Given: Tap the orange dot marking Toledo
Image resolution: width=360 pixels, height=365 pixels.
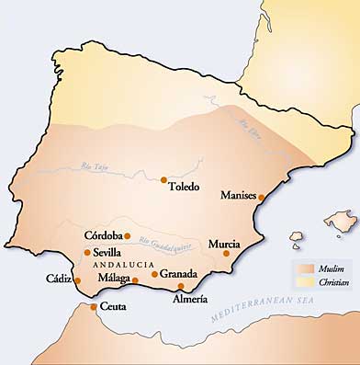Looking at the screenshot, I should click(x=163, y=180).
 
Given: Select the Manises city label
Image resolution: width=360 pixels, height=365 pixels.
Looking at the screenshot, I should click(x=238, y=195).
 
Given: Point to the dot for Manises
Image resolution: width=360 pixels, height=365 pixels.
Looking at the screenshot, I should click(x=261, y=197).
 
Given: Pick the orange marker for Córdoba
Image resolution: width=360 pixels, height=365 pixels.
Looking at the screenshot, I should click(x=128, y=235).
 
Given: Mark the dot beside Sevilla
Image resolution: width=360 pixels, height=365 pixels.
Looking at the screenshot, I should click(x=87, y=252).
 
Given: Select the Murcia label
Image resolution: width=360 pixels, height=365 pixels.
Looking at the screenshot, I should click(x=224, y=244).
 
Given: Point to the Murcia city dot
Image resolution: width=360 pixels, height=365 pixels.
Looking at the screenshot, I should click(x=227, y=253).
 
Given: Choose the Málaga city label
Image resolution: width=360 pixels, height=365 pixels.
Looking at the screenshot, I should click(x=114, y=278).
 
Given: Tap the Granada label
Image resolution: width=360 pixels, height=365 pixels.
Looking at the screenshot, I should click(x=178, y=273).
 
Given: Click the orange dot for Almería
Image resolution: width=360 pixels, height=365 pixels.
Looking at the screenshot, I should click(x=181, y=286).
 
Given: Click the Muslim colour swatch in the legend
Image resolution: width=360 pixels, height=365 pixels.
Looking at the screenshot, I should click(x=304, y=268).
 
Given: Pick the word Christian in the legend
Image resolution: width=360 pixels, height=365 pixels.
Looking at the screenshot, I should click(x=333, y=281).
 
